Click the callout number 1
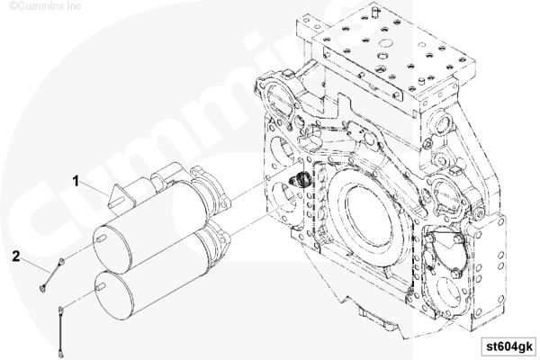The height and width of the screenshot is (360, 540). (76, 181)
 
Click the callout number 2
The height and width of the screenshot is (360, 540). (16, 256)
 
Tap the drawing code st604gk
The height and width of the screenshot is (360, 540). (509, 346)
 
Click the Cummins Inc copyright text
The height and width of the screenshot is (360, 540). (45, 5)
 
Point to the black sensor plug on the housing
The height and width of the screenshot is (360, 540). (301, 179)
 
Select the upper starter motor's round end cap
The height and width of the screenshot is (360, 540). (112, 249)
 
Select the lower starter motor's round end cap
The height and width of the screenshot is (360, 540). (113, 295)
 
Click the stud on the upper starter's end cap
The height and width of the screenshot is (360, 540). (101, 238)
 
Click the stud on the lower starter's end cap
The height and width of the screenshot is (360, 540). (101, 286)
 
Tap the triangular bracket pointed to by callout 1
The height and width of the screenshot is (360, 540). (121, 198)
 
